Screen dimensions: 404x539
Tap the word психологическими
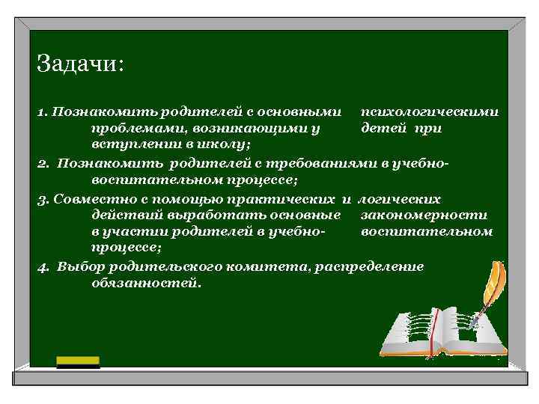429,112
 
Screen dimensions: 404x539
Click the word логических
400,200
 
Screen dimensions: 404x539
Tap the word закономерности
424,215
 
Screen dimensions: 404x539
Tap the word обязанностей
145,283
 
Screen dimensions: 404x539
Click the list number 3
42,200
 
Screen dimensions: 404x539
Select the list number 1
41,112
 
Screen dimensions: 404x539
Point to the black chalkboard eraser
79,362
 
